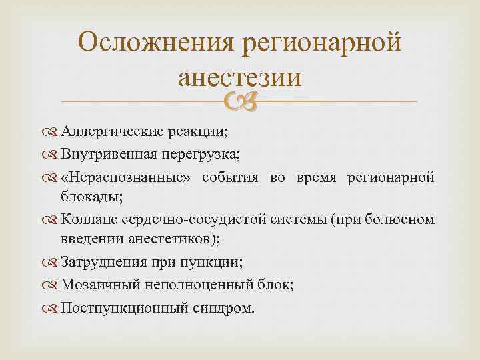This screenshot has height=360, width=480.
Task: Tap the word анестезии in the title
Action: tap(239, 78)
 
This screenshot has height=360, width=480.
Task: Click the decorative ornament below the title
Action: tap(239, 101)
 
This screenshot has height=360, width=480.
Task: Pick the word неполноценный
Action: tap(185, 285)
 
